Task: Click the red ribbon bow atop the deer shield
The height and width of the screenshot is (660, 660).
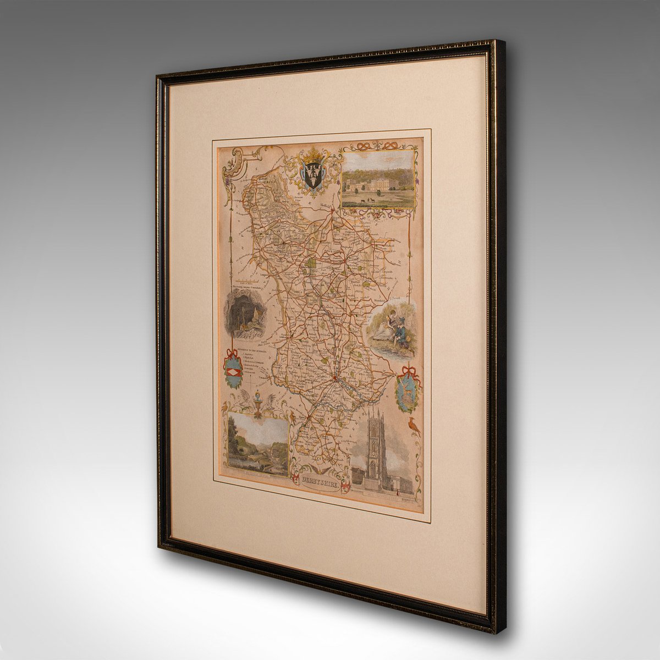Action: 409,370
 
